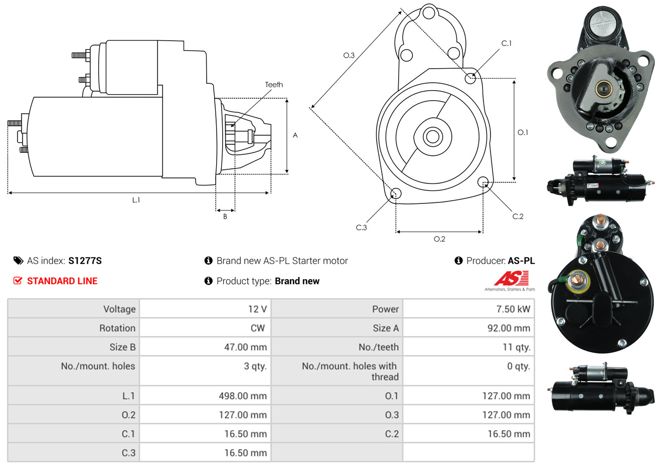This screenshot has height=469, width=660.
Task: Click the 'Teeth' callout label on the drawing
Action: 274,85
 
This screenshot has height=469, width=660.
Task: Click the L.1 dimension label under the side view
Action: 136,200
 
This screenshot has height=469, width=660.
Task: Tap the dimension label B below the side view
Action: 225,216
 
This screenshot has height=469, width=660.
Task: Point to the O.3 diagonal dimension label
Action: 349,55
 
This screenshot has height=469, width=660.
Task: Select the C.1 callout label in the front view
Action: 507,43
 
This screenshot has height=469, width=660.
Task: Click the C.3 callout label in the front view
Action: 361,227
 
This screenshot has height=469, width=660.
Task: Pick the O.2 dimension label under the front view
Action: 439,239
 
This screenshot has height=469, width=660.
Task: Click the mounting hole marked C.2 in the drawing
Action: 483,182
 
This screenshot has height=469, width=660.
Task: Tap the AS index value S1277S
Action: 85,261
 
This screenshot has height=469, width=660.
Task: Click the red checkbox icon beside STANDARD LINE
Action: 18,281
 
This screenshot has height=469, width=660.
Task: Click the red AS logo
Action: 511,279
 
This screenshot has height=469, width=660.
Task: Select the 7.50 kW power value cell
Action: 468,309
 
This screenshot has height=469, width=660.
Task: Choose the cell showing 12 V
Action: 205,309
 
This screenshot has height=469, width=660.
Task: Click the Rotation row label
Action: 117,328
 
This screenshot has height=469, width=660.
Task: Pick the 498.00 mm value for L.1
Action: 243,396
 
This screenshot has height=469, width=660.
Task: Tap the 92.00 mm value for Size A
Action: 509,328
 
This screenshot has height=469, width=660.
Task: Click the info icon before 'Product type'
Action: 208,281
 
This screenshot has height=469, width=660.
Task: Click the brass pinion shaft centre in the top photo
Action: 603,88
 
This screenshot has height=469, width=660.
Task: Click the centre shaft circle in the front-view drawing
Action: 432,137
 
